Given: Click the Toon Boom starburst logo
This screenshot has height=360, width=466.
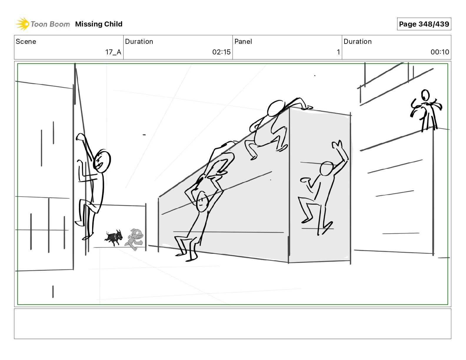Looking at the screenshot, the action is pyautogui.click(x=22, y=24).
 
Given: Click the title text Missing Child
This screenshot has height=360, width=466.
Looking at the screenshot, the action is pyautogui.click(x=99, y=24).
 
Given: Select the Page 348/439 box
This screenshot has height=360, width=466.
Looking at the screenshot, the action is pyautogui.click(x=424, y=24).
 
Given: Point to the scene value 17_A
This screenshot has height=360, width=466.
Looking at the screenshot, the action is pyautogui.click(x=113, y=52).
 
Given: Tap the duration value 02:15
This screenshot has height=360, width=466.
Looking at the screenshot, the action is pyautogui.click(x=221, y=52).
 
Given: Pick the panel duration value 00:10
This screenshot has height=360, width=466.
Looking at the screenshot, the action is pyautogui.click(x=440, y=52).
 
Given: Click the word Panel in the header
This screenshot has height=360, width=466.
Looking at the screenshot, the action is pyautogui.click(x=243, y=41).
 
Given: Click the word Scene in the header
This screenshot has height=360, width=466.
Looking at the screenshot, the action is pyautogui.click(x=26, y=41).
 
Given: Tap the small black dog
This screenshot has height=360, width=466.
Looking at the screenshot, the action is pyautogui.click(x=114, y=238).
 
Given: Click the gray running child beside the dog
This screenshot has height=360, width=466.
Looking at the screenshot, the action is pyautogui.click(x=134, y=239).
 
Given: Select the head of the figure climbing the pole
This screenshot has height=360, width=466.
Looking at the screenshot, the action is pyautogui.click(x=102, y=161).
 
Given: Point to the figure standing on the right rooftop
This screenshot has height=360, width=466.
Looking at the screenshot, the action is pyautogui.click(x=426, y=110).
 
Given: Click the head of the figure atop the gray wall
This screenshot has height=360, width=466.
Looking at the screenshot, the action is pyautogui.click(x=276, y=109).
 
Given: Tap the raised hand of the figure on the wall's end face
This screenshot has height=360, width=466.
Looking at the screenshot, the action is pyautogui.click(x=337, y=144).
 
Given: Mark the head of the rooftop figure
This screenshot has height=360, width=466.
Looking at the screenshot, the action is pyautogui.click(x=425, y=95).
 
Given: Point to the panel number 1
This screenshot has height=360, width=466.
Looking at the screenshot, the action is pyautogui.click(x=338, y=52).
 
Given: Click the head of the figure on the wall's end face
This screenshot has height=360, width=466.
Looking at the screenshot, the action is pyautogui.click(x=327, y=169).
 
